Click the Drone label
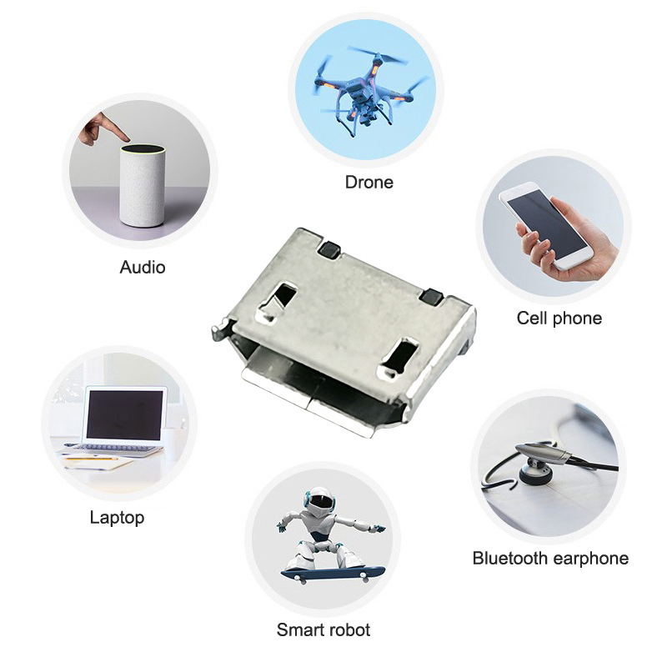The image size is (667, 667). (x=369, y=182)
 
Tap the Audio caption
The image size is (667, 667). (x=143, y=267)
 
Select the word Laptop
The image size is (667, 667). (x=117, y=518)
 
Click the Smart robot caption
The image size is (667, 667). (x=323, y=629)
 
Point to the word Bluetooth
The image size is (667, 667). (x=509, y=558)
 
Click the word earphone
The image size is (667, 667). (x=590, y=559)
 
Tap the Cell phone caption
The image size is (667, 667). (x=559, y=318)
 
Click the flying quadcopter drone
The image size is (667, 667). (x=365, y=90)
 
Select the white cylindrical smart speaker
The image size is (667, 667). (x=142, y=186)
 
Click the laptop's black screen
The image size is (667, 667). (x=124, y=415)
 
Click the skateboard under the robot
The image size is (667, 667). (x=333, y=574)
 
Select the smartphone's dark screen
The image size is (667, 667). (x=547, y=224)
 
